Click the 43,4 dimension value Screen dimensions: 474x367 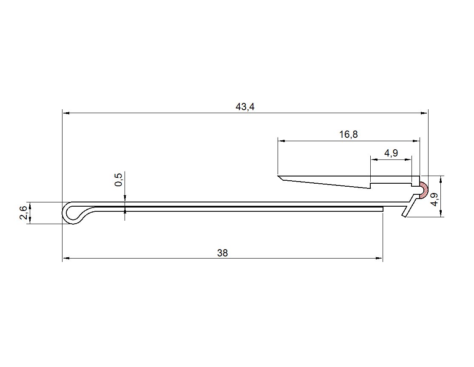[x=245, y=107]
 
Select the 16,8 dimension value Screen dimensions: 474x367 [x=348, y=134]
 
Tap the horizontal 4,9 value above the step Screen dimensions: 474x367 [x=391, y=153]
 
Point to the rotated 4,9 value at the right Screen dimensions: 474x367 [x=434, y=199]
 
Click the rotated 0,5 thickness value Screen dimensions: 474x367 [x=119, y=179]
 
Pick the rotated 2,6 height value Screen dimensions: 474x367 [x=23, y=213]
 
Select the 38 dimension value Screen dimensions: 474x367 [x=222, y=253]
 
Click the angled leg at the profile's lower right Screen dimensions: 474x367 [x=409, y=206]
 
